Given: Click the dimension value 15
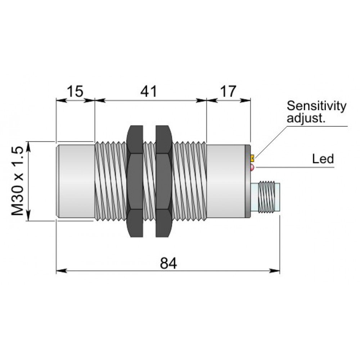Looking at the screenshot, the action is coord(75,91).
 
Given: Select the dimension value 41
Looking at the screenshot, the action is coord(149,91).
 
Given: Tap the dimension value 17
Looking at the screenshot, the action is coord(228,91).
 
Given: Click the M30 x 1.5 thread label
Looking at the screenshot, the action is coord(17,181).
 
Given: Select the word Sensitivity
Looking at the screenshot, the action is coord(316,106).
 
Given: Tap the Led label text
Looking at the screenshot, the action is coord(323,159).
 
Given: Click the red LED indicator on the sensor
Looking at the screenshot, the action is coord(252,168).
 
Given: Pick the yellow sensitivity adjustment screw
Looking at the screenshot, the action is coord(252,158).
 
